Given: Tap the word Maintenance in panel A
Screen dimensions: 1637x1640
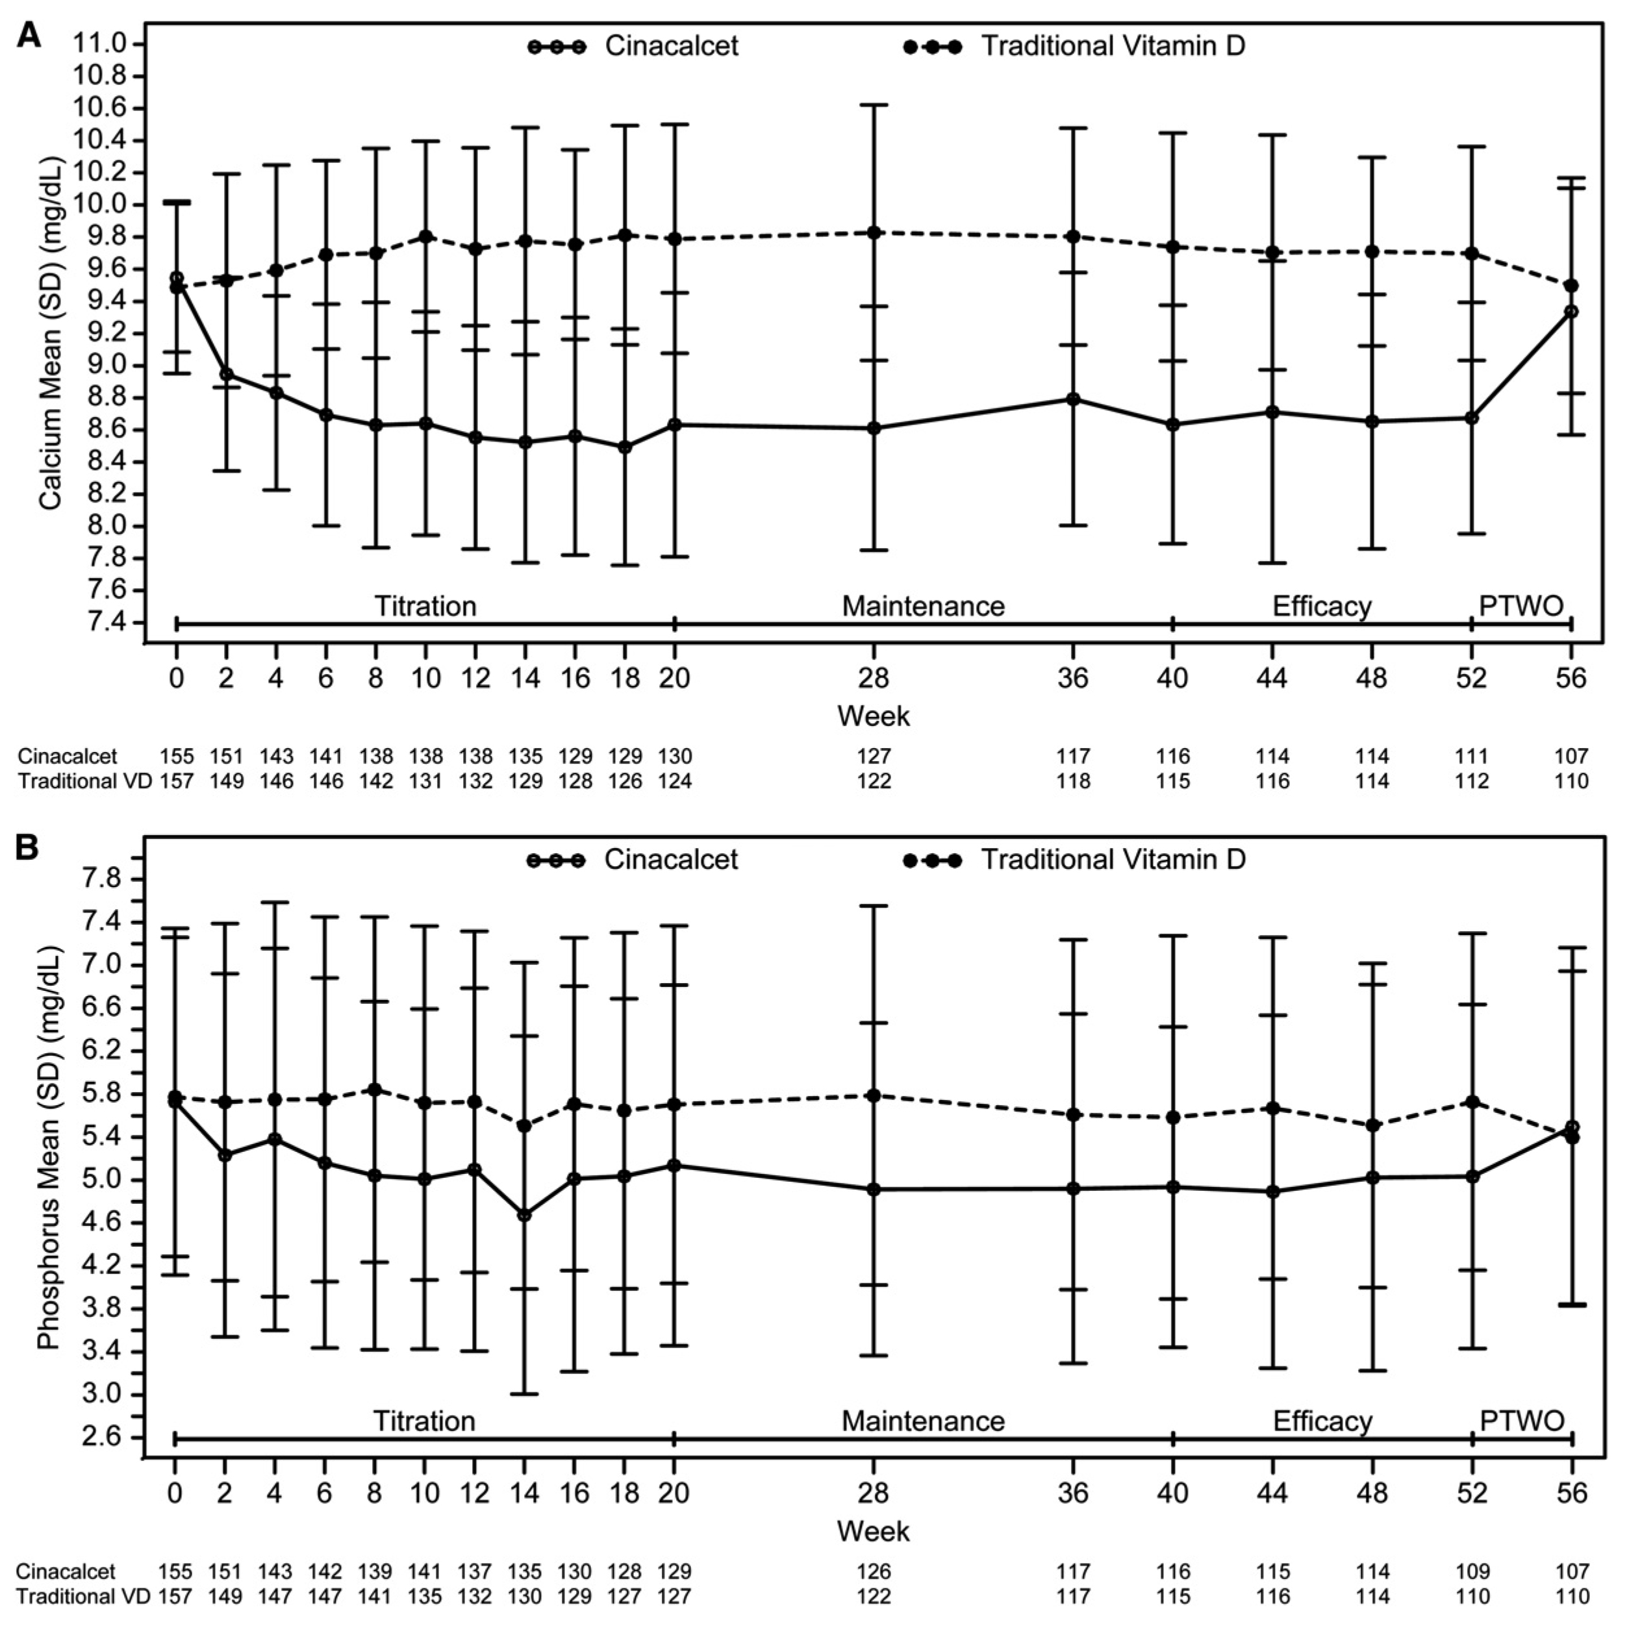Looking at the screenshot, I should (x=923, y=606).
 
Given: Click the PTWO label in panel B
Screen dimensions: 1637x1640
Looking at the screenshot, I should (x=1522, y=1421).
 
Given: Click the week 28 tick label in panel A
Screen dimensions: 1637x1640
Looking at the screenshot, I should (x=874, y=679).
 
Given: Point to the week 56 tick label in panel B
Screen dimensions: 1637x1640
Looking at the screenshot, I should (x=1571, y=1493).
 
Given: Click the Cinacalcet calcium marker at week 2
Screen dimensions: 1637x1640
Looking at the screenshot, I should (x=226, y=374).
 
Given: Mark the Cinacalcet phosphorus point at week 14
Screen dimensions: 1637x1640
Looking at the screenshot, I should (x=525, y=1215).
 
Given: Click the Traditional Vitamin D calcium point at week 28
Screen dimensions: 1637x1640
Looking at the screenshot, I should (x=874, y=232).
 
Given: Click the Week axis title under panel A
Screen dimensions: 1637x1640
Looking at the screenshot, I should (x=874, y=716).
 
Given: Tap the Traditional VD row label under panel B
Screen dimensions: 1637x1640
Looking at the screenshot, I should (x=83, y=1596).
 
